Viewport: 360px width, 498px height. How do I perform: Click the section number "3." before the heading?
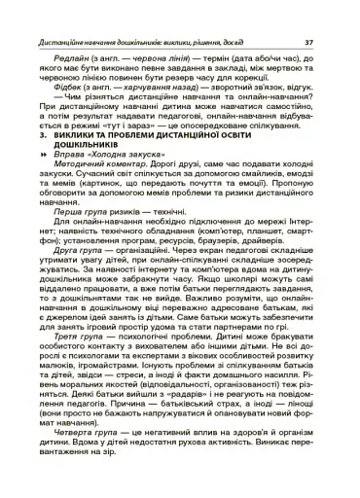point(44,150)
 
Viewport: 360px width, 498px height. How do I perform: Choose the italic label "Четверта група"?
point(86,463)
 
